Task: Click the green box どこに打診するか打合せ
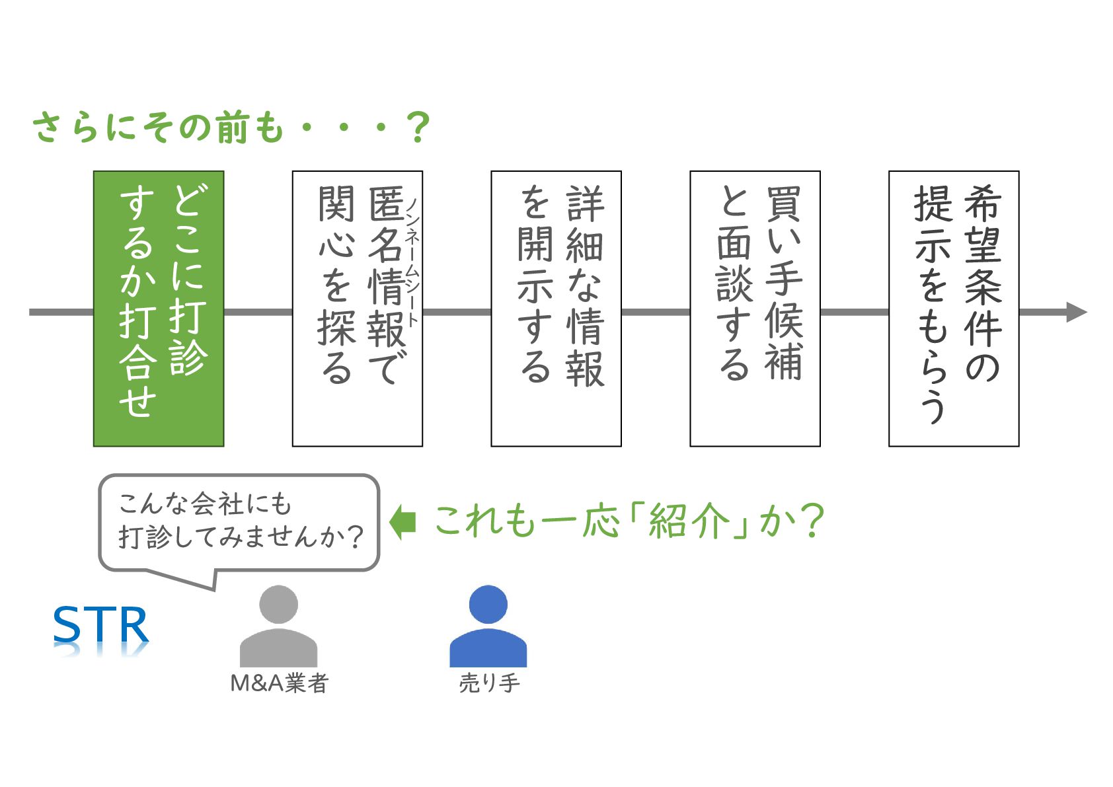point(159,309)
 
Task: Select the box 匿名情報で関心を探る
point(357,309)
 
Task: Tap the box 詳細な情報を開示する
point(556,309)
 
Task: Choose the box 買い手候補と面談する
point(755,309)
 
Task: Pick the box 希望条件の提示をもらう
point(953,309)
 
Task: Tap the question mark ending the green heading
point(418,127)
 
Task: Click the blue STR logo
point(100,625)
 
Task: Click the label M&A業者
point(279,683)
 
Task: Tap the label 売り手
point(489,683)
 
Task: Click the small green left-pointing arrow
point(403,522)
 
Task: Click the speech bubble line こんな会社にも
point(205,504)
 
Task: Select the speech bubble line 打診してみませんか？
point(241,537)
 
